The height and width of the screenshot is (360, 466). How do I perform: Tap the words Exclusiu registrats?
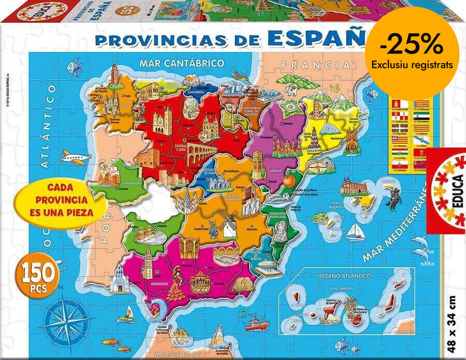412,65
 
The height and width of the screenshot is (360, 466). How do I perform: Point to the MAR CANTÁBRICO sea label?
181,63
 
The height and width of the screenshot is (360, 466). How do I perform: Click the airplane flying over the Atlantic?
75,156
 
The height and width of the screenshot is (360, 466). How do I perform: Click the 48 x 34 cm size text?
452,321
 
